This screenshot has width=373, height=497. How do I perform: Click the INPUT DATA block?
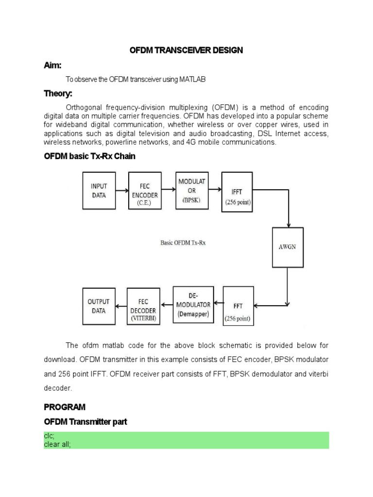pos(99,191)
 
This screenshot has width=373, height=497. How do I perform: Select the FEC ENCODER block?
pos(144,191)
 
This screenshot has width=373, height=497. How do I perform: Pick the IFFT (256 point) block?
pos(237,191)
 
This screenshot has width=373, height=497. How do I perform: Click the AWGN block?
pos(288,247)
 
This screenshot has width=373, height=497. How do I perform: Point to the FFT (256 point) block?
pos(238,306)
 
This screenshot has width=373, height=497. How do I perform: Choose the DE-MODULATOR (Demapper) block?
pos(193,304)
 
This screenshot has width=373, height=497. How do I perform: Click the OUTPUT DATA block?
pos(99,306)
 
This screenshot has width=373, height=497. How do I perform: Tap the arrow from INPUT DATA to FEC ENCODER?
pos(122,191)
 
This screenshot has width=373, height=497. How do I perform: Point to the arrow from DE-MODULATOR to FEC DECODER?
pos(167,305)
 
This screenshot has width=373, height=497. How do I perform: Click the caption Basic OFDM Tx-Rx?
pos(183,243)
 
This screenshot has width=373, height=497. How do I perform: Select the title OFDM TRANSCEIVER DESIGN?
pos(186,50)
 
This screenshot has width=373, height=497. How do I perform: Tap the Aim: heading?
pos(52,66)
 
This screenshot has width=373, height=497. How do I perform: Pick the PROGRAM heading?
pos(65,407)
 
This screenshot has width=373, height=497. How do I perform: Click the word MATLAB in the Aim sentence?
pos(193,79)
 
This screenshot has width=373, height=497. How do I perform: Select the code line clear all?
pos(57,444)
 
